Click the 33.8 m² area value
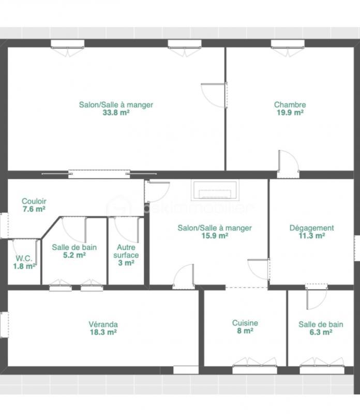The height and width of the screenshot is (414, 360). pyautogui.click(x=116, y=112)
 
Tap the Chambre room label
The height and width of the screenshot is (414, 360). pyautogui.click(x=290, y=105)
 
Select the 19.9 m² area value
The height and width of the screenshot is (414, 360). pyautogui.click(x=290, y=112)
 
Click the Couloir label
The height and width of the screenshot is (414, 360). pyautogui.click(x=34, y=201)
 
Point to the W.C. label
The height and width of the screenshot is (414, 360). pyautogui.click(x=24, y=258)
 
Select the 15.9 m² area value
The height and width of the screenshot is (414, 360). pyautogui.click(x=215, y=235)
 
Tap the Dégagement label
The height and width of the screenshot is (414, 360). pyautogui.click(x=311, y=228)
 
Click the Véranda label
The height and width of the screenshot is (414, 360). pyautogui.click(x=103, y=324)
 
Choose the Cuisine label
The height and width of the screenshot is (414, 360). pyautogui.click(x=245, y=323)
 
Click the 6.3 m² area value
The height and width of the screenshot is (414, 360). pyautogui.click(x=320, y=332)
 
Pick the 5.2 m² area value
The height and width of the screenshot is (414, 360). pyautogui.click(x=74, y=255)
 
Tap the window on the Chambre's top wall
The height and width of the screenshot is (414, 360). pyautogui.click(x=287, y=44)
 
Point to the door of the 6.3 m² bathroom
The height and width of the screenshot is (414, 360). pyautogui.click(x=316, y=297)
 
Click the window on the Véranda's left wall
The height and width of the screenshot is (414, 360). pyautogui.click(x=4, y=324)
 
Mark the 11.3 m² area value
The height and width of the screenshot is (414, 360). pyautogui.click(x=311, y=235)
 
